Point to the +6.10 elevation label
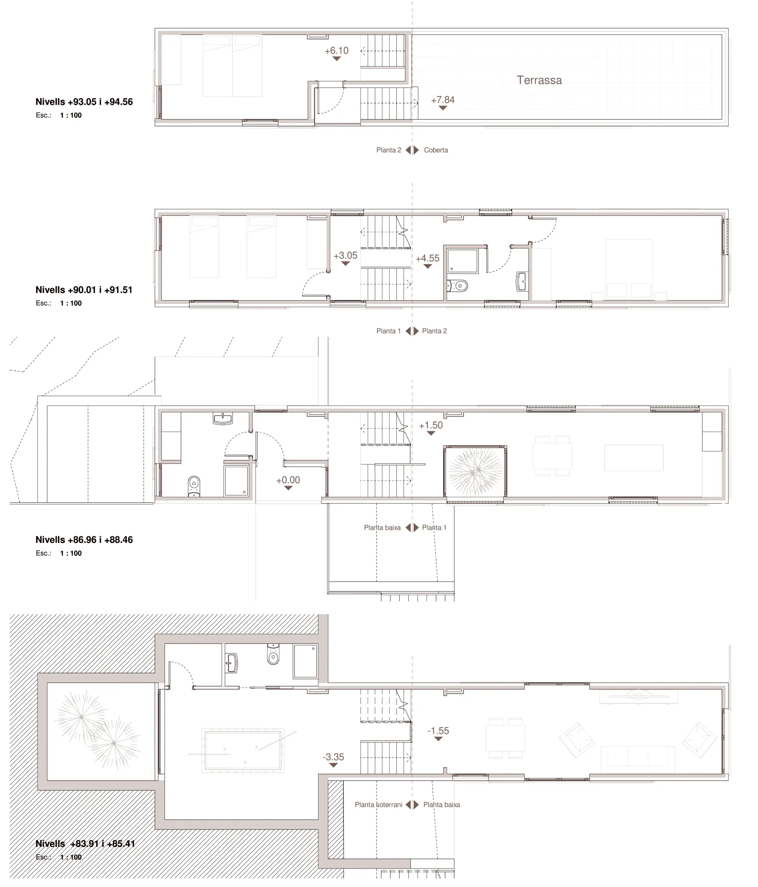point(336,51)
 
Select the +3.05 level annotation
point(345,256)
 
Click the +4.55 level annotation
point(427,258)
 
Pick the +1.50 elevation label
point(430,425)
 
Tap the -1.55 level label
point(438,731)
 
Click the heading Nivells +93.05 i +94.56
point(84,102)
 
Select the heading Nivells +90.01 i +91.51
point(84,290)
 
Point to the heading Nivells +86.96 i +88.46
point(84,540)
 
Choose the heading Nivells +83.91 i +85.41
point(85,844)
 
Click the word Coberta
point(436,150)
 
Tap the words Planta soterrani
point(378,805)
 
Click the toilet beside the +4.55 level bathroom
point(458,286)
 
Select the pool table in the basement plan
point(243,750)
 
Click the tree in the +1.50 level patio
point(475,471)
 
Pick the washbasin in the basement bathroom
point(231,663)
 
